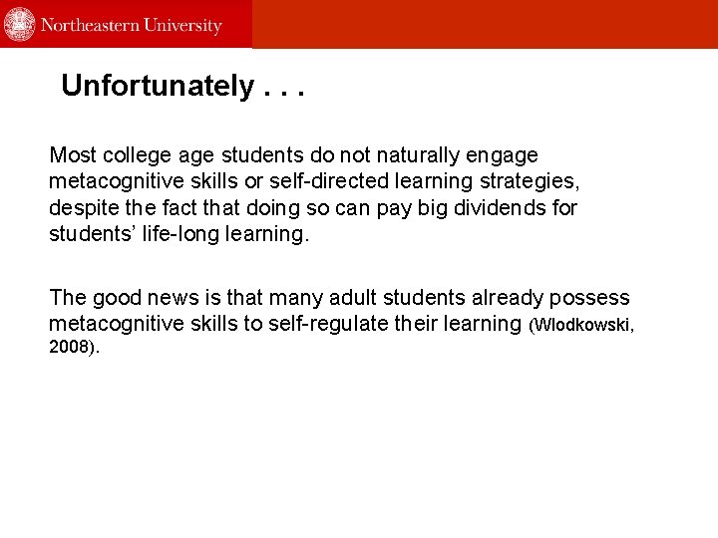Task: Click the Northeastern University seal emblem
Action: pos(20,24)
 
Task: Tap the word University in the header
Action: pos(183,25)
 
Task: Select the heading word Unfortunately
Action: pos(158,87)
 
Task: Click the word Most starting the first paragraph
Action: pos(73,155)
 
